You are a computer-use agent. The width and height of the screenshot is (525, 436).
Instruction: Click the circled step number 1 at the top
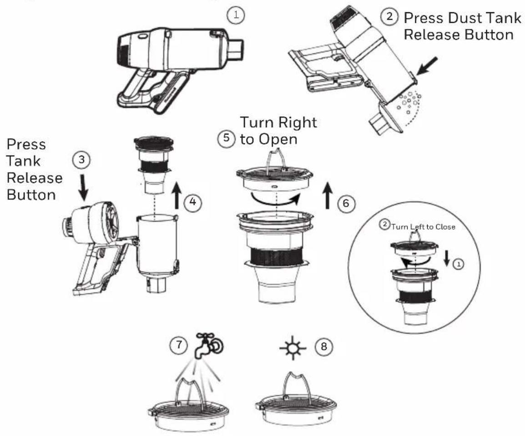tap(236, 15)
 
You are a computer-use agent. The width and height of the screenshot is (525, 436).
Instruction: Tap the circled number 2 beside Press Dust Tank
tap(389, 16)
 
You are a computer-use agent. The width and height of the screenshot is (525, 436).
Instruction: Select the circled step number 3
tap(81, 160)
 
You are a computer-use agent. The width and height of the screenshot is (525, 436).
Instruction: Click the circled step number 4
tap(193, 202)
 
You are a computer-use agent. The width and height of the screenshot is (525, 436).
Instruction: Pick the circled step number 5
tap(227, 138)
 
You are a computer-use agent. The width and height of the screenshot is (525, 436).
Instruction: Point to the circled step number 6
tap(346, 203)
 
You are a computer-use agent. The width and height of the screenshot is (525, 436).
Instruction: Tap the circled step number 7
tap(178, 345)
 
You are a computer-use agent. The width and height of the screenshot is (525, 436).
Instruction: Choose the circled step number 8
tap(324, 346)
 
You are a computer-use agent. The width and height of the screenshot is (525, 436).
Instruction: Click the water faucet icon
tap(209, 346)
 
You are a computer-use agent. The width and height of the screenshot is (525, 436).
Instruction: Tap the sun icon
tap(293, 348)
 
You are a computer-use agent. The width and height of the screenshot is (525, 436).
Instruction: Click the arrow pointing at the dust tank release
tap(427, 66)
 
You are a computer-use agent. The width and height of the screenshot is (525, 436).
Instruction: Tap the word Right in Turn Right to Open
tap(297, 122)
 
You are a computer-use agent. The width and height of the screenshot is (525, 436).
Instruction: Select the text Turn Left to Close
tap(423, 227)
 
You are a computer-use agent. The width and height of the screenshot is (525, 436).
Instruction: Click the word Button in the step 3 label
tap(31, 195)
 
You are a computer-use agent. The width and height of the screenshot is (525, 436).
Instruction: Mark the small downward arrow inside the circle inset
tap(447, 258)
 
